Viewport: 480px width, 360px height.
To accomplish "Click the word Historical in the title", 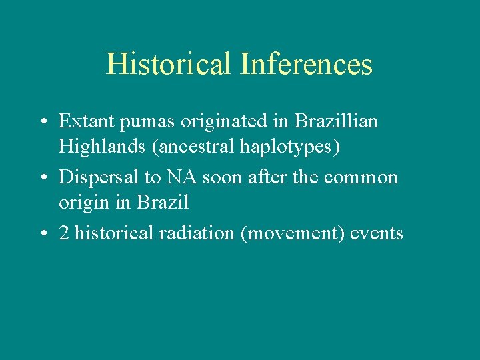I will point(169,64).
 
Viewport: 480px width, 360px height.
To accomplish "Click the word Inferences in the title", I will point(306,64).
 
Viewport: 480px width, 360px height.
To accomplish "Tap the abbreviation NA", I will point(181,177).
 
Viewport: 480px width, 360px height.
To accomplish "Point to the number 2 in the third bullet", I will point(64,234).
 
